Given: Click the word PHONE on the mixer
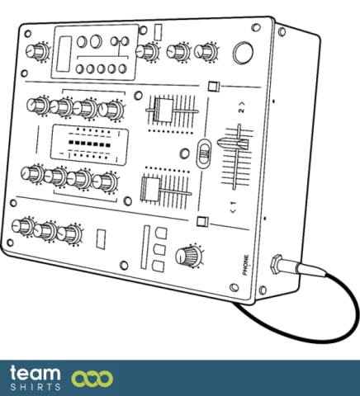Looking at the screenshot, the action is pyautogui.click(x=245, y=265).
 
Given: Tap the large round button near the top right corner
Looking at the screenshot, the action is pyautogui.click(x=243, y=53).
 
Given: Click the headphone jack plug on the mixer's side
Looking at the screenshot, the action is pyautogui.click(x=287, y=266).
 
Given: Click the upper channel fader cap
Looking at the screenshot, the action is pyautogui.click(x=164, y=111).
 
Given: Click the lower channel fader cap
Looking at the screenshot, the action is pyautogui.click(x=150, y=189).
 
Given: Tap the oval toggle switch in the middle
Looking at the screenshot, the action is pyautogui.click(x=204, y=153).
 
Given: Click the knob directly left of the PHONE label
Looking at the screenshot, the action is pyautogui.click(x=188, y=256).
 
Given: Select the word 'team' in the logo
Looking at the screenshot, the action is pyautogui.click(x=35, y=374).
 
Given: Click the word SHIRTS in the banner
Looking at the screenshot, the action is pyautogui.click(x=36, y=387).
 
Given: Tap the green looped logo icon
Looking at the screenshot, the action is pyautogui.click(x=92, y=379).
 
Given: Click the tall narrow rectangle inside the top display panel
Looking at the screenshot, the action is pyautogui.click(x=64, y=54).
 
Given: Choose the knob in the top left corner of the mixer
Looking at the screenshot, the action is pyautogui.click(x=36, y=52).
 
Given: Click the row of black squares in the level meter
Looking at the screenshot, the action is pyautogui.click(x=89, y=144).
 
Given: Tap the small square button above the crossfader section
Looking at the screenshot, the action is pyautogui.click(x=214, y=86).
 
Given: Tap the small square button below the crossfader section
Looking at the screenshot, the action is pyautogui.click(x=202, y=221).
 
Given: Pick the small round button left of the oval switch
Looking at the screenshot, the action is pyautogui.click(x=184, y=153).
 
